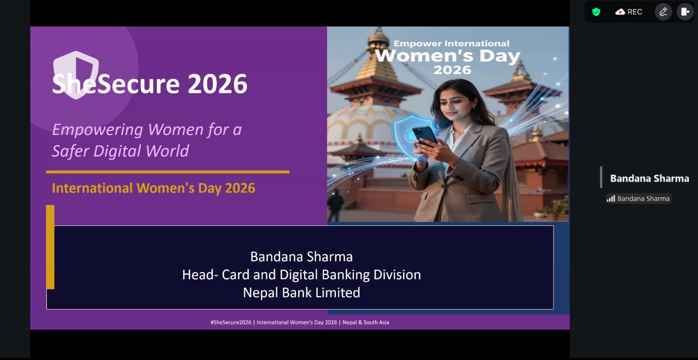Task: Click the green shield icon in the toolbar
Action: (596, 12)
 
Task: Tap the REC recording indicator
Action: (629, 12)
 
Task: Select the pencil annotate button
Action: (663, 12)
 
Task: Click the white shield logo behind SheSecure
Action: (76, 75)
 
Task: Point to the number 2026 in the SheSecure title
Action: (218, 83)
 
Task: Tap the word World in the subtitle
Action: (167, 151)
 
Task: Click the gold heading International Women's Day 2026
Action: (153, 188)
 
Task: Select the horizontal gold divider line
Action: (168, 172)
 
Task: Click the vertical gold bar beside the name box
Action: (50, 247)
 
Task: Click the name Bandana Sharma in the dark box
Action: (301, 257)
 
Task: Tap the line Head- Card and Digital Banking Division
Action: (301, 274)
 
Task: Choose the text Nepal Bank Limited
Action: (301, 293)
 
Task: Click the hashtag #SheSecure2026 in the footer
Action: (231, 322)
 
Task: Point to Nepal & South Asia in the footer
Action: (366, 322)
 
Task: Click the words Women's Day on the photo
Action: (448, 56)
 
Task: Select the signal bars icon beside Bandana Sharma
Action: (611, 199)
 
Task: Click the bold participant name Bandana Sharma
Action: (650, 178)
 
